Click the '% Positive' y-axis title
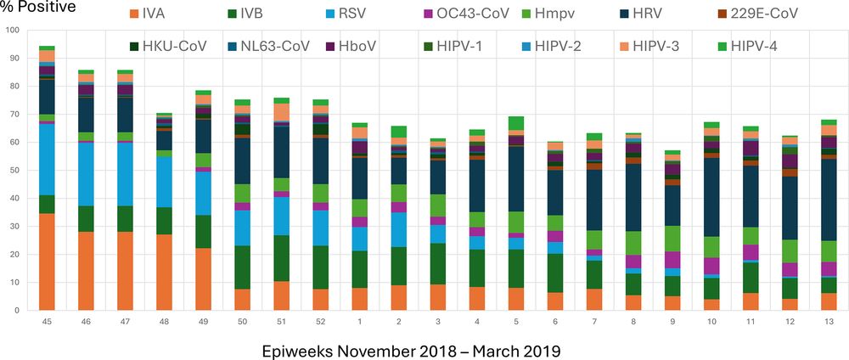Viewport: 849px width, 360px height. point(38,8)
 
